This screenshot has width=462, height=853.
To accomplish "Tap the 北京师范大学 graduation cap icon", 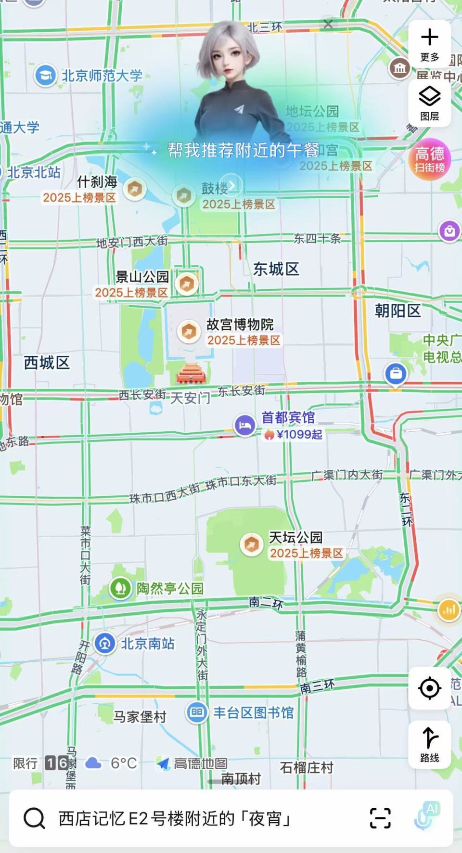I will [46, 76].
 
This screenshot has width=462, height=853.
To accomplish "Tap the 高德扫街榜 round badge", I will [429, 159].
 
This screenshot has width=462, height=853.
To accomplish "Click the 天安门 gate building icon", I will [191, 375].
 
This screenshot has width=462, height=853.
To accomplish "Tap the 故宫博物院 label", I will [240, 324].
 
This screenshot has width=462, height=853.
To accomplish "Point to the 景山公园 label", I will [142, 277].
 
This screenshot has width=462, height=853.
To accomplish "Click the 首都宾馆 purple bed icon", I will [245, 426].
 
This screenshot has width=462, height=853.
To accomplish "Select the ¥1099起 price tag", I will [294, 434].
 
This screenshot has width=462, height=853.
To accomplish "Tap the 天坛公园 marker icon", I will [251, 544].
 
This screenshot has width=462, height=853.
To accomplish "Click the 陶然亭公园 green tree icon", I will [120, 588].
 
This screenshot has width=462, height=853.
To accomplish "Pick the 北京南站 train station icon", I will [104, 644].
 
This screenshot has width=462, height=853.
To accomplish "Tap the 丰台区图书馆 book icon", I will [197, 712].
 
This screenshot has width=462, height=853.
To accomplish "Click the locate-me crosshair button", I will [429, 688].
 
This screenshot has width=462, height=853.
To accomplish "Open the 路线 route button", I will [429, 744].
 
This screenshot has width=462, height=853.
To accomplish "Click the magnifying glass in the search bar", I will [35, 818].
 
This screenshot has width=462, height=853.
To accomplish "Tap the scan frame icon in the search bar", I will [380, 818].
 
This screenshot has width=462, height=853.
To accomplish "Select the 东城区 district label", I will [276, 269].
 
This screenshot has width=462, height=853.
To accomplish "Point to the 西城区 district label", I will [47, 362].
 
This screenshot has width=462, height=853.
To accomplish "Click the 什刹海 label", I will [97, 182].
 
